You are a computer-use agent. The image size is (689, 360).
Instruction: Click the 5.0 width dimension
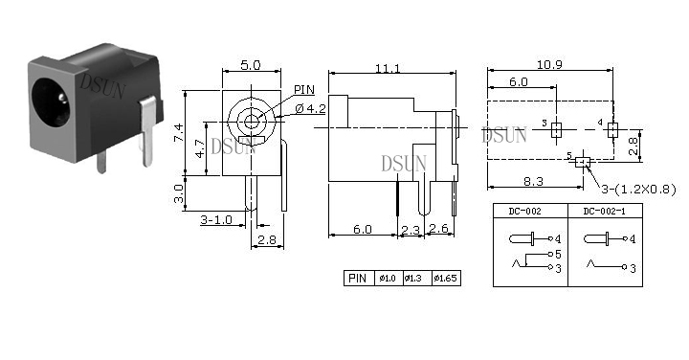[x=251, y=65]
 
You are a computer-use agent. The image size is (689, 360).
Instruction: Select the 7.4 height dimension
[x=178, y=132]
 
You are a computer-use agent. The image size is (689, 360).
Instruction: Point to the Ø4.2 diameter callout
[x=310, y=108]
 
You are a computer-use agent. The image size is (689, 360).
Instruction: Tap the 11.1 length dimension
[x=388, y=69]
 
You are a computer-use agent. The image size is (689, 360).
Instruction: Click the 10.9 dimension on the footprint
[x=549, y=64]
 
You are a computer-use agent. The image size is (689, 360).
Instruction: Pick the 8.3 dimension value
[x=533, y=181]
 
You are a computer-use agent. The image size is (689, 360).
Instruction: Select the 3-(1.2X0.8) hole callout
[x=638, y=190]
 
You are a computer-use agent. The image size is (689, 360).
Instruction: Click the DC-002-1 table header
[x=604, y=211]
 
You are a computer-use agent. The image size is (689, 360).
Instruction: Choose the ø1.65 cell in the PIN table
[x=446, y=278]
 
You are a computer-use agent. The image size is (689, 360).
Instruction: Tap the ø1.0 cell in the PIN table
[x=388, y=278]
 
